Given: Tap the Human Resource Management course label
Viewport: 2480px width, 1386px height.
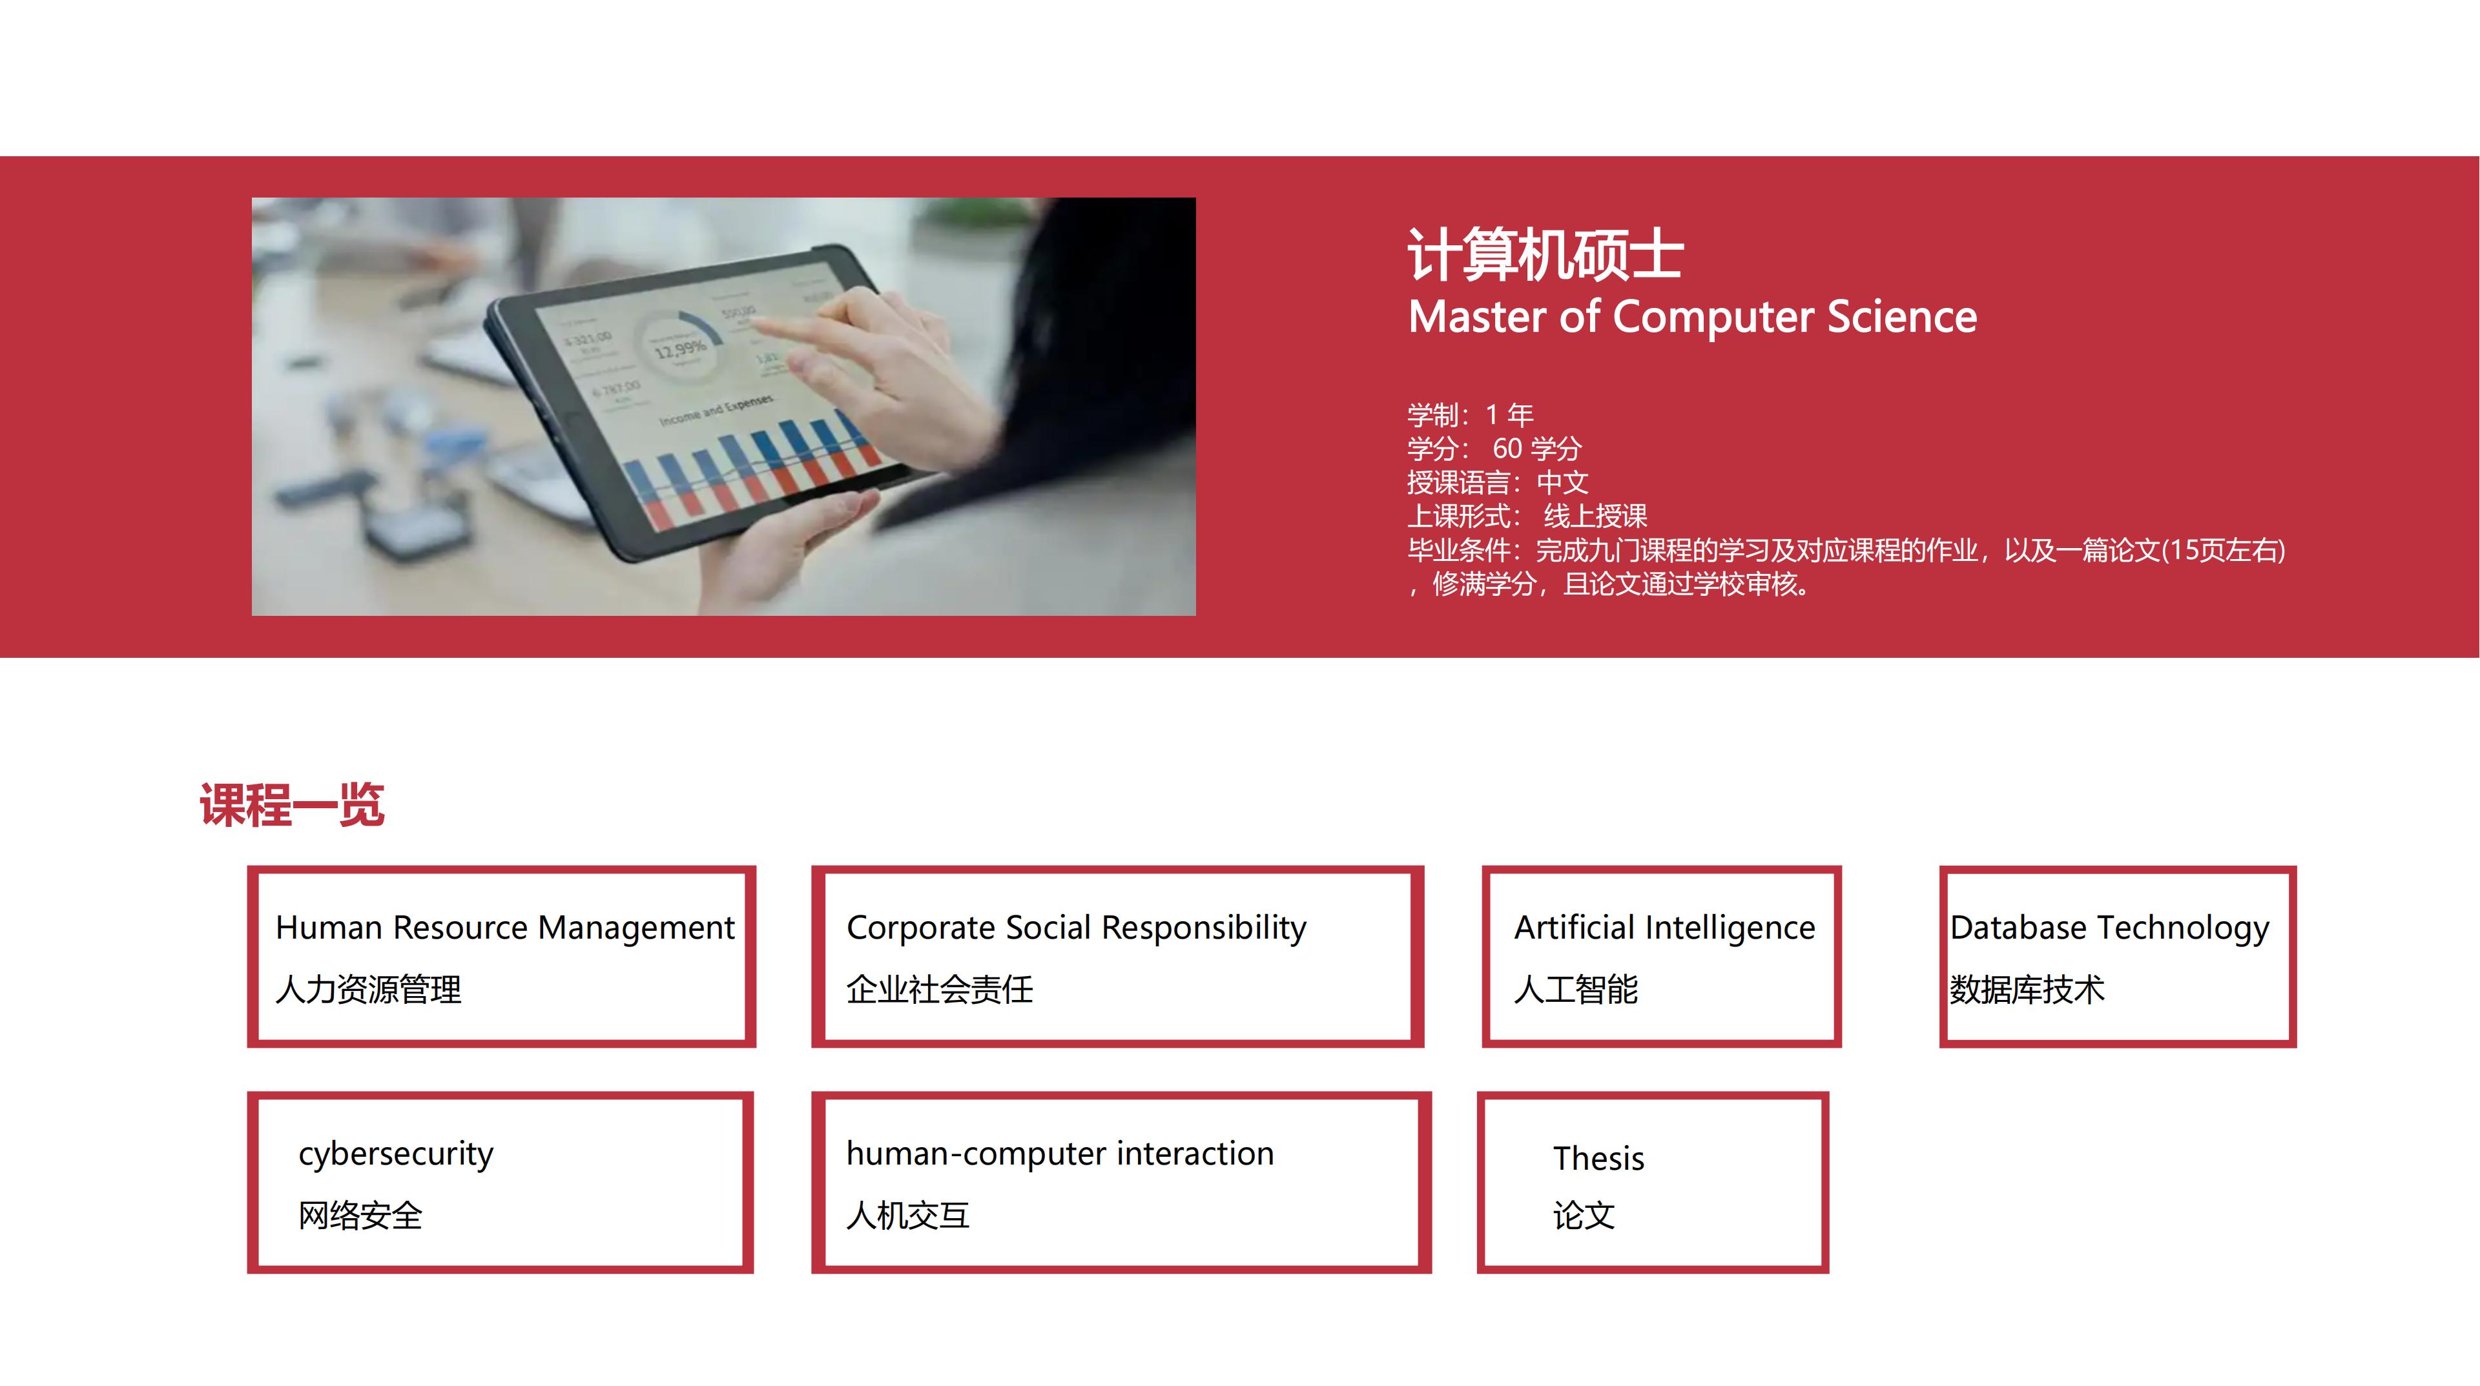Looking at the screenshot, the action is click(x=504, y=928).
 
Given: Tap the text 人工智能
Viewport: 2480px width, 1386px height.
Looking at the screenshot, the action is click(x=1576, y=990).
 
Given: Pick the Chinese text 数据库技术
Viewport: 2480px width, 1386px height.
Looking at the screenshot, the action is click(x=2027, y=990).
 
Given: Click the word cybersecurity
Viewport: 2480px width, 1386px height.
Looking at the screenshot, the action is click(x=396, y=1154).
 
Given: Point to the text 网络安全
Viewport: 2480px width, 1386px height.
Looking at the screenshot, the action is click(x=360, y=1216).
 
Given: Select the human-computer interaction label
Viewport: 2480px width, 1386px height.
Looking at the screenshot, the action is click(x=1060, y=1154).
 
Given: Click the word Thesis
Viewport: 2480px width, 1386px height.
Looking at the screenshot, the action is click(x=1598, y=1158).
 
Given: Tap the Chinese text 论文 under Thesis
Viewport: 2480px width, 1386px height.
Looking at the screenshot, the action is click(x=1584, y=1216).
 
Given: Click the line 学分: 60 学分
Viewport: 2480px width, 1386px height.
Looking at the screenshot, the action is click(x=1494, y=449).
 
